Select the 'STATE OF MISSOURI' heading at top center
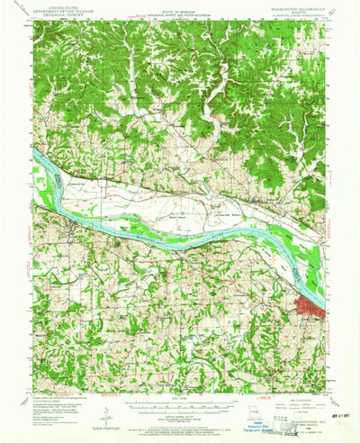pyautogui.click(x=179, y=11)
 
